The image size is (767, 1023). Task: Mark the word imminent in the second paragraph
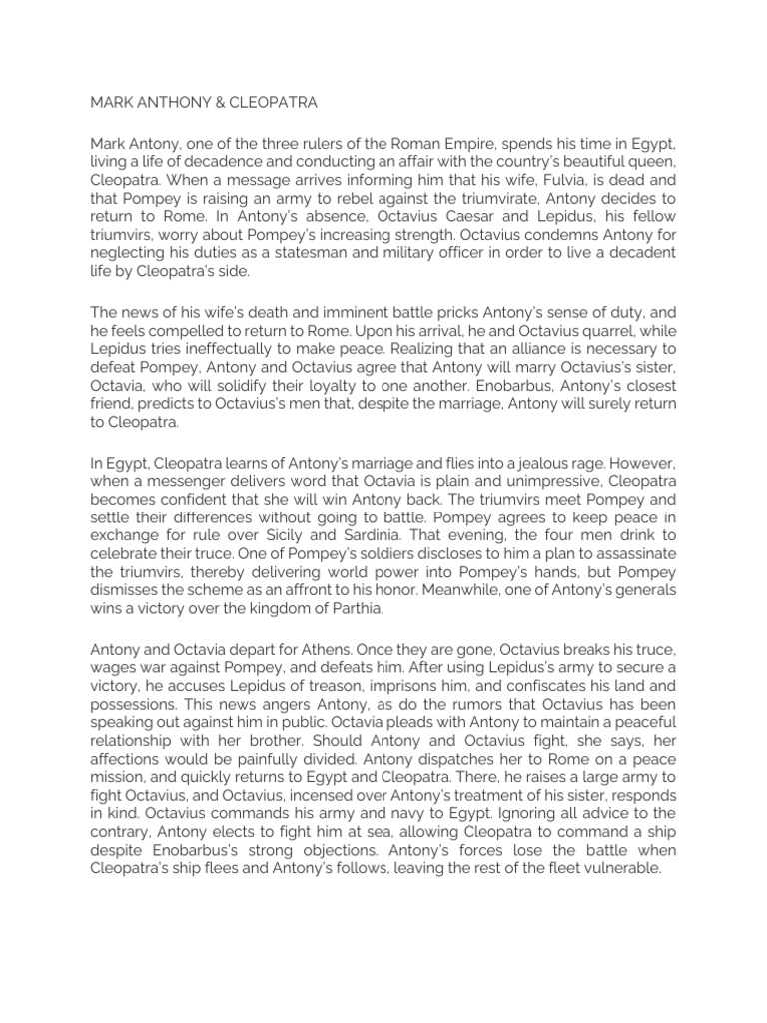click(357, 311)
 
